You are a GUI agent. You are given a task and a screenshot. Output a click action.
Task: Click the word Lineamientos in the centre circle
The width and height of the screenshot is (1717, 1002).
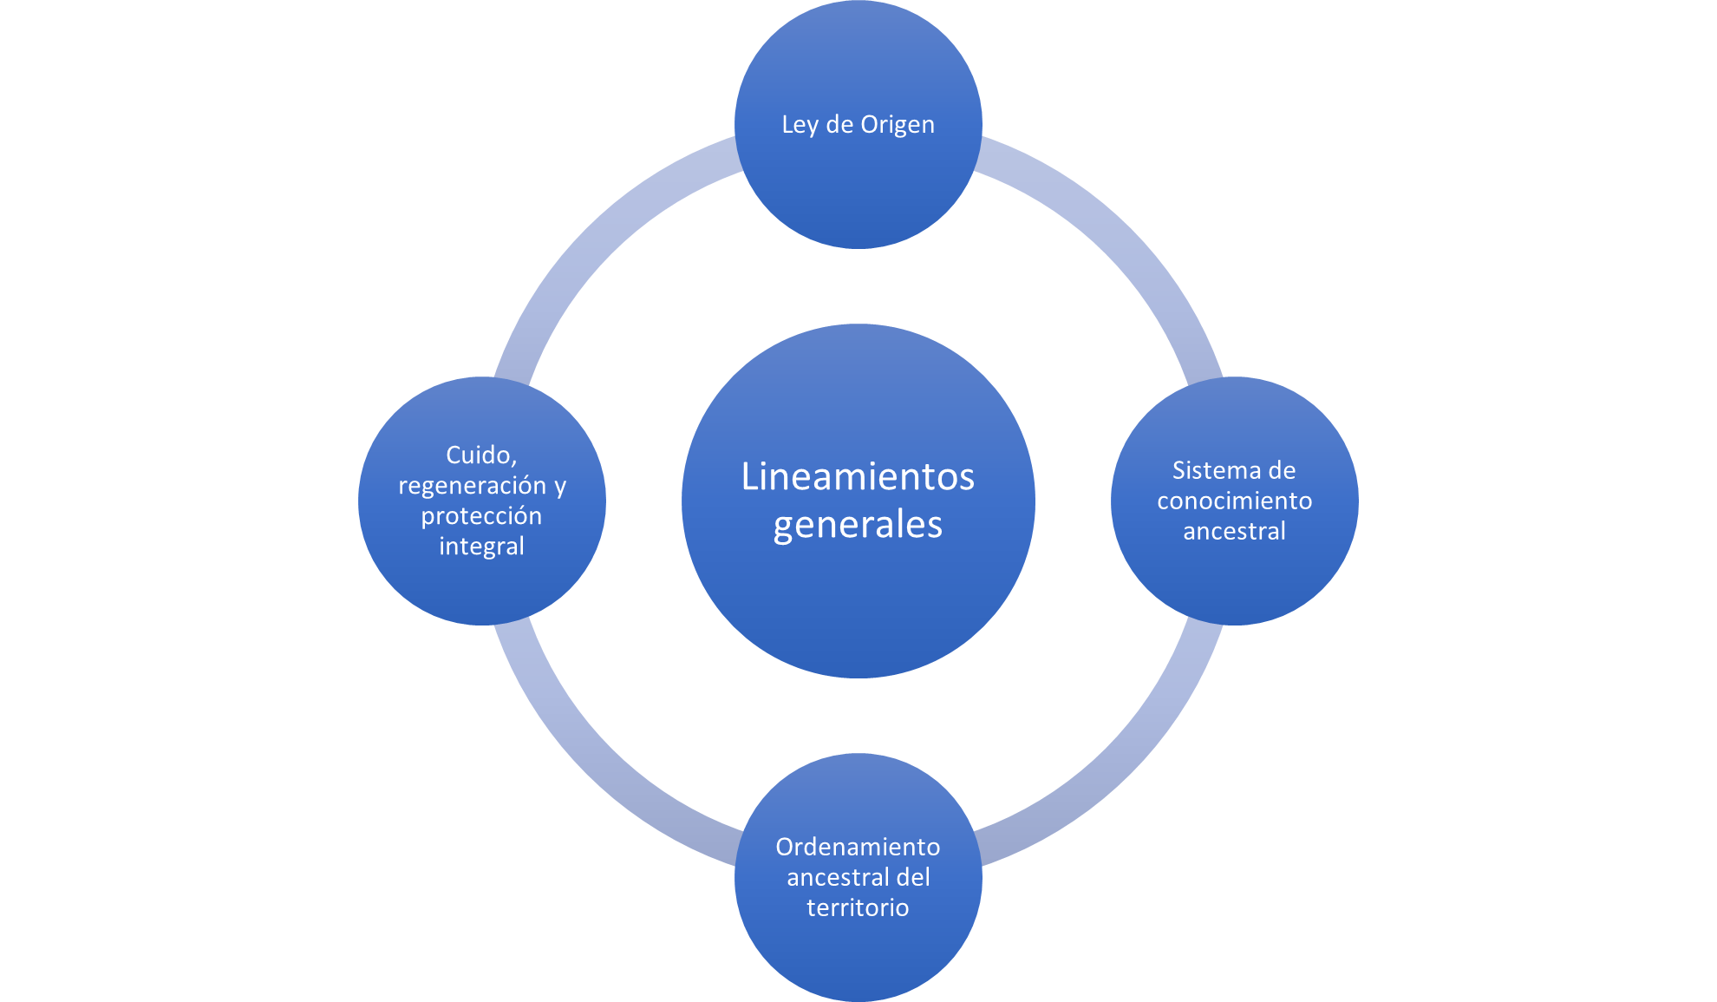pyautogui.click(x=858, y=477)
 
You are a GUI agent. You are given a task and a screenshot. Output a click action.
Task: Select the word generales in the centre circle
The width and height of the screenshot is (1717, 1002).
pyautogui.click(x=858, y=526)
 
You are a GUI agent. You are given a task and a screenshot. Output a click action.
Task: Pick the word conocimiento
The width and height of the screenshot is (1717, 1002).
pyautogui.click(x=1234, y=501)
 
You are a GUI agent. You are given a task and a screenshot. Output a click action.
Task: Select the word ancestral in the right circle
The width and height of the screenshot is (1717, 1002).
pyautogui.click(x=1234, y=531)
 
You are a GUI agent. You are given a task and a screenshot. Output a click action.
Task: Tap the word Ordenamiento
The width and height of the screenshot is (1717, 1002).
pyautogui.click(x=858, y=847)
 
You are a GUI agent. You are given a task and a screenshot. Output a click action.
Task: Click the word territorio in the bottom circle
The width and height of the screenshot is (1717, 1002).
pyautogui.click(x=858, y=907)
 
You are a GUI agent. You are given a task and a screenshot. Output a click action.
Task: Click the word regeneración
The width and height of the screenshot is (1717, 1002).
pyautogui.click(x=473, y=486)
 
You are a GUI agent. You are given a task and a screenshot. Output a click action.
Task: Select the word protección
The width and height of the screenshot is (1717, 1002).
pyautogui.click(x=481, y=516)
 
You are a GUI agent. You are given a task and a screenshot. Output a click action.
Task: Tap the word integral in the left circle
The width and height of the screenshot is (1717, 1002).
pyautogui.click(x=481, y=547)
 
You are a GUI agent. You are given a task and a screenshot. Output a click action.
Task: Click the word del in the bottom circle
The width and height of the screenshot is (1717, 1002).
pyautogui.click(x=913, y=877)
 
